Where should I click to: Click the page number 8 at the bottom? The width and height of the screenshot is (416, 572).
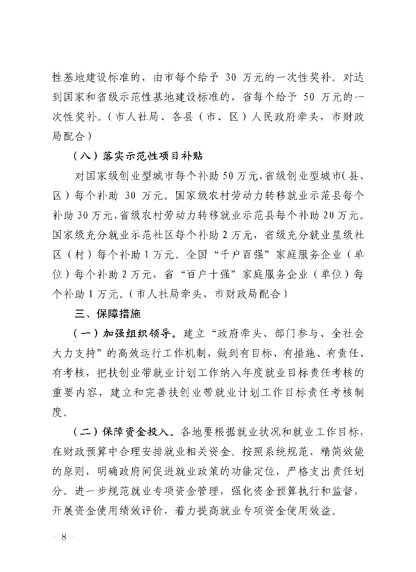64,537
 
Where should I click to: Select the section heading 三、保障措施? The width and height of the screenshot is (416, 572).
108,314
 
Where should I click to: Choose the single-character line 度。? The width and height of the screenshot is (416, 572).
60,412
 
